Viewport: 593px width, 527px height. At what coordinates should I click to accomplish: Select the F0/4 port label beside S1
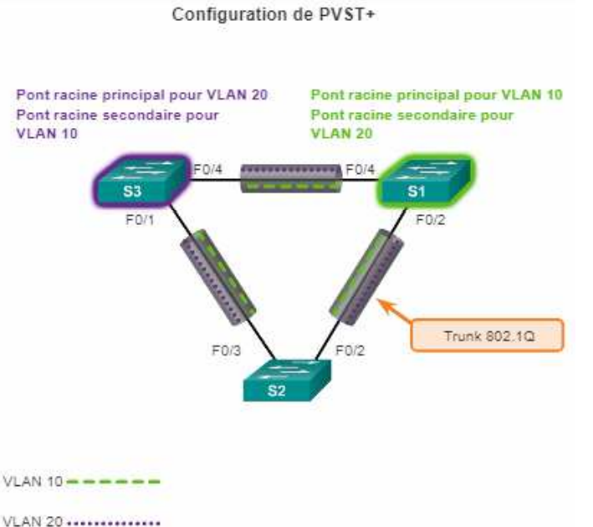click(x=360, y=171)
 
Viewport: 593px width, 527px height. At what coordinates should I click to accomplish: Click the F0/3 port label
click(x=225, y=351)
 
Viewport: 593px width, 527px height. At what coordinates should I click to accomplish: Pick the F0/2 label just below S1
click(x=427, y=223)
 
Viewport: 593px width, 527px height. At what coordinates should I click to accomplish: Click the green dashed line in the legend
click(x=112, y=482)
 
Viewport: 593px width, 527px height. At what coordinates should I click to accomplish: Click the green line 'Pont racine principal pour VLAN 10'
click(x=437, y=95)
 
